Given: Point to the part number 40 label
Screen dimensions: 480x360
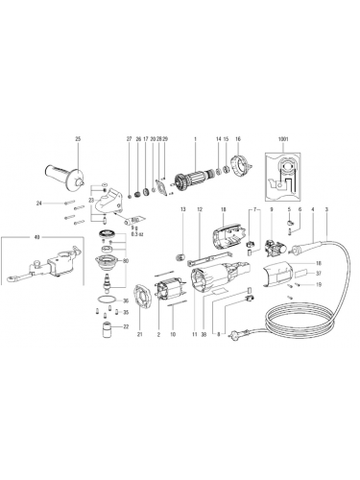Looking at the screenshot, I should coord(9,236).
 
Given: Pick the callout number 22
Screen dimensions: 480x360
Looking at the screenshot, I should coord(124,327).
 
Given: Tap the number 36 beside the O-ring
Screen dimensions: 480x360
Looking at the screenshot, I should coord(124,301).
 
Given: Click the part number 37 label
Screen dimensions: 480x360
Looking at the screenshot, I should coord(317,274).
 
